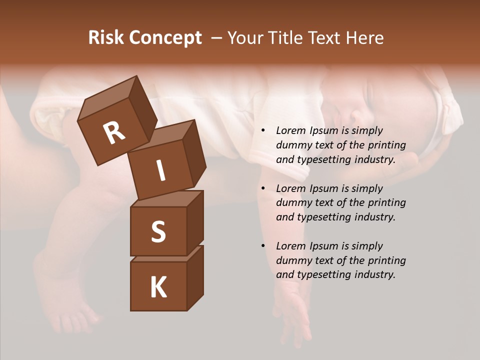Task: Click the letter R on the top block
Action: click(x=114, y=132)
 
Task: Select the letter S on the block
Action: click(x=158, y=231)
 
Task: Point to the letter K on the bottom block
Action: click(x=158, y=287)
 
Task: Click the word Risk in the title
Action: click(x=106, y=38)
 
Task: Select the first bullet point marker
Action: click(x=263, y=131)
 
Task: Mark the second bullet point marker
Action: click(x=263, y=189)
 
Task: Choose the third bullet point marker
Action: click(x=263, y=246)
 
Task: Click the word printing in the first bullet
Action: click(x=387, y=145)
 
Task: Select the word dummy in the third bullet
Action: click(x=292, y=260)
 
